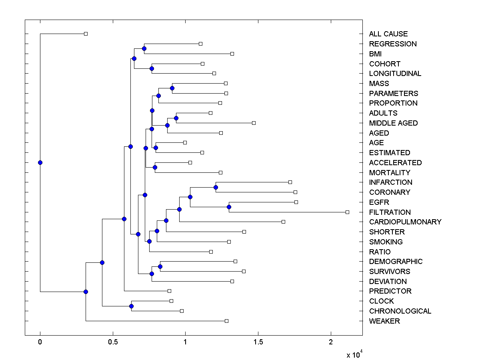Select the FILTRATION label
click(390, 212)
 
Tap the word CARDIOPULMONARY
click(405, 222)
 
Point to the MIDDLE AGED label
click(393, 123)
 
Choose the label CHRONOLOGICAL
click(400, 311)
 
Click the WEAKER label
click(384, 321)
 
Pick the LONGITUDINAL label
click(395, 74)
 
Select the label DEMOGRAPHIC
click(396, 262)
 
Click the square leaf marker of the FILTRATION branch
click(347, 212)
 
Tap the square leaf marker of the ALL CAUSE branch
click(86, 34)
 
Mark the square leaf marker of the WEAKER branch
click(226, 321)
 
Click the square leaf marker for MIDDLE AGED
click(254, 123)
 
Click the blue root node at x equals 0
click(40, 162)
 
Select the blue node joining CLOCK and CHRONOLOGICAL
click(131, 306)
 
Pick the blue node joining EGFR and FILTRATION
click(229, 207)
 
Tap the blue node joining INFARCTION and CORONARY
click(216, 187)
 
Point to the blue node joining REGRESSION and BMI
click(144, 48)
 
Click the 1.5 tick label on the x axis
click(258, 342)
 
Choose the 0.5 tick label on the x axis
click(113, 342)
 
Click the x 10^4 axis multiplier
click(354, 354)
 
